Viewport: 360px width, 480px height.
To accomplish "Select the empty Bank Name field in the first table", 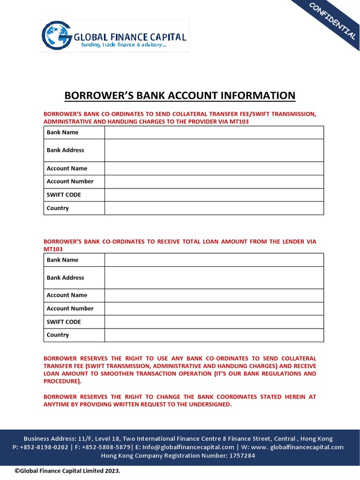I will (214, 133).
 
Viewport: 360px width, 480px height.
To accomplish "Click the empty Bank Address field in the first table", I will (214, 150).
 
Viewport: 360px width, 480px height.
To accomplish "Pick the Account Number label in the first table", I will (70, 181).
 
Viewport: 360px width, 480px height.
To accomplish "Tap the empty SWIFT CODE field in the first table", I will (214, 195).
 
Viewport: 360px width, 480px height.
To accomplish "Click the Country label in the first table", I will (58, 208).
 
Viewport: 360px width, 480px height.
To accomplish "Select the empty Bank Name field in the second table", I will (214, 260).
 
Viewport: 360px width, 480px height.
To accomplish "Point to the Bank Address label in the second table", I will (66, 277).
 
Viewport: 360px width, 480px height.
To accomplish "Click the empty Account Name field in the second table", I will (214, 295).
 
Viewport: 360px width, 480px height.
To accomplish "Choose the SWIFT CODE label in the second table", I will (64, 322).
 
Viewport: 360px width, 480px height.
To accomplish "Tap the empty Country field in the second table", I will (214, 335).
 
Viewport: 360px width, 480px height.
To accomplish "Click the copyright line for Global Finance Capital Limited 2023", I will (67, 471).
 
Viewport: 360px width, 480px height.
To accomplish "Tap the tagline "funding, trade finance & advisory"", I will (124, 45).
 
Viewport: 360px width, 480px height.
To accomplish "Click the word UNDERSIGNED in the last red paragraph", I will (208, 405).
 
